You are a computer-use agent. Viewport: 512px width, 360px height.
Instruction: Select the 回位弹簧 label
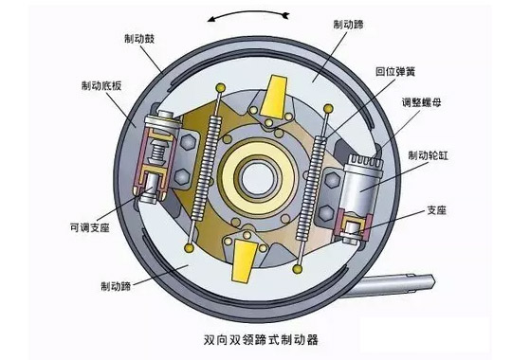pos(398,70)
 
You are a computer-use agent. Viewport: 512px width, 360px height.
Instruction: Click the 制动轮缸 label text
pos(429,155)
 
